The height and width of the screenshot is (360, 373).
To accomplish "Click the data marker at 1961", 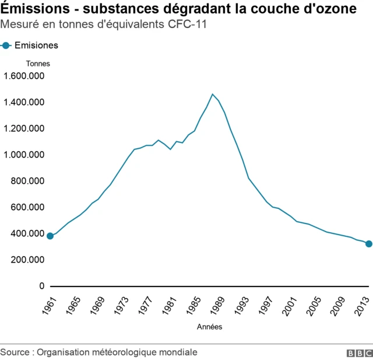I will pyautogui.click(x=50, y=236).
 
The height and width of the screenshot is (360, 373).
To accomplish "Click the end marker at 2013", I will pyautogui.click(x=368, y=244).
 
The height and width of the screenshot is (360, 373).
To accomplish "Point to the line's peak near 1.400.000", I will pyautogui.click(x=212, y=95).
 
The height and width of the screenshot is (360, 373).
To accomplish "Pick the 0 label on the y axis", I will pyautogui.click(x=41, y=286).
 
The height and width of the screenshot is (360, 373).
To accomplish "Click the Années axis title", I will pyautogui.click(x=209, y=327).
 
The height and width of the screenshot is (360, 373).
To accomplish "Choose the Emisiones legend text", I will pyautogui.click(x=36, y=46).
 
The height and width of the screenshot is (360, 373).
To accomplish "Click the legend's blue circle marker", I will pyautogui.click(x=6, y=46).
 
